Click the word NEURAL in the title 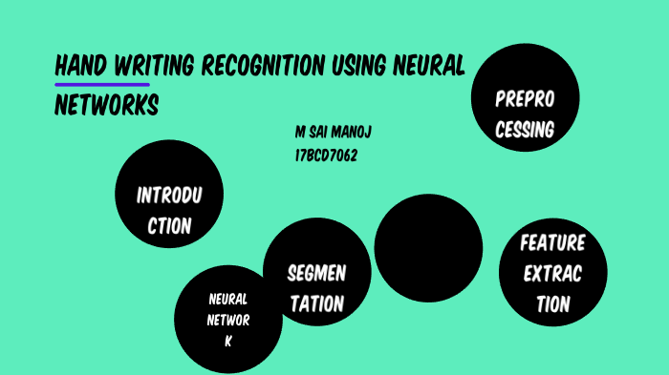pyautogui.click(x=431, y=67)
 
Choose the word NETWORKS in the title pyautogui.click(x=106, y=105)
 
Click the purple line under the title pyautogui.click(x=102, y=85)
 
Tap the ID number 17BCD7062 pyautogui.click(x=326, y=156)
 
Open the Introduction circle pyautogui.click(x=168, y=194)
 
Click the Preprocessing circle pyautogui.click(x=525, y=98)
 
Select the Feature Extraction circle pyautogui.click(x=552, y=273)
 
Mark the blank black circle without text pyautogui.click(x=428, y=247)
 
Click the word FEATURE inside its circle pyautogui.click(x=552, y=242)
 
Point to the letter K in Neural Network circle pyautogui.click(x=228, y=341)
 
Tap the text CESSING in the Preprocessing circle pyautogui.click(x=525, y=131)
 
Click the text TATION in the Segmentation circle pyautogui.click(x=316, y=305)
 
